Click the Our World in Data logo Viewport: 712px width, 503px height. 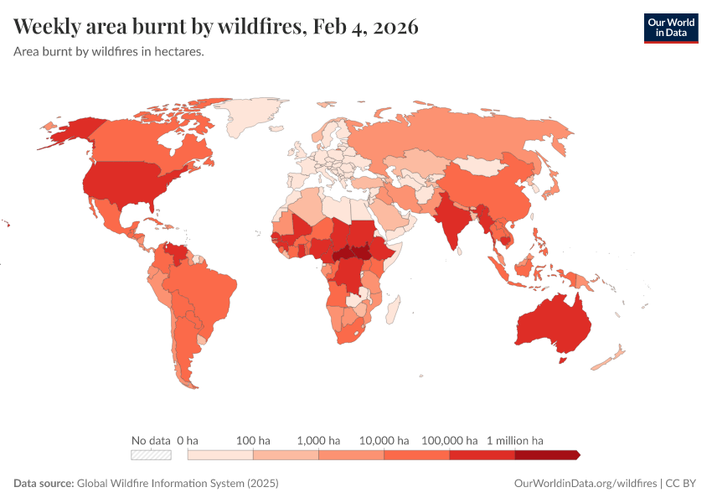tap(670, 28)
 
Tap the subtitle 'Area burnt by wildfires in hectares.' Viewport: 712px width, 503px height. tap(109, 51)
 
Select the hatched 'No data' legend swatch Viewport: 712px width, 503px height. tap(151, 454)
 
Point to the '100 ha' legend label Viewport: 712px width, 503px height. tap(253, 440)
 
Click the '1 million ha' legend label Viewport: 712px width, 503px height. tap(515, 440)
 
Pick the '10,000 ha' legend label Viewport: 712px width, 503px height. tap(384, 440)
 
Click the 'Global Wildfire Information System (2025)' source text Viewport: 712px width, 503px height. tap(177, 484)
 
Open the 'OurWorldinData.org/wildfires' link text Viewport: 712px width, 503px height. tap(585, 484)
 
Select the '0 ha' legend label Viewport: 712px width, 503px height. tap(188, 440)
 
